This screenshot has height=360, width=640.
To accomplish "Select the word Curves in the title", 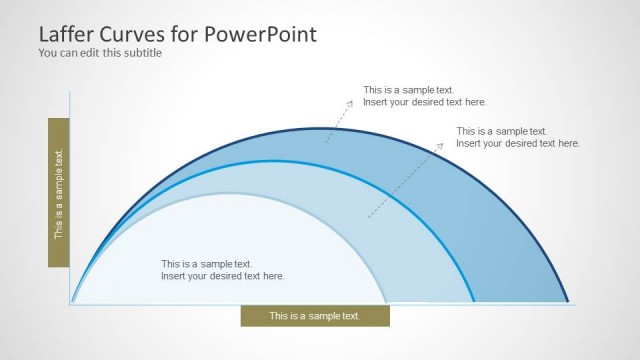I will coord(136,34).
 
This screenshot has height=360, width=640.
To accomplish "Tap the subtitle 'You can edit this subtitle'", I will coord(100,53).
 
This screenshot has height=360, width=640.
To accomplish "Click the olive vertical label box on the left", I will coord(59,192).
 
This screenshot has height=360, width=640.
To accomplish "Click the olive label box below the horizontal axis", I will coord(315,316).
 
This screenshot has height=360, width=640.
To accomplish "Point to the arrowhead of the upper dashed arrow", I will coord(351,101).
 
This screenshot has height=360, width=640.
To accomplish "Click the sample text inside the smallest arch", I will coord(223,270).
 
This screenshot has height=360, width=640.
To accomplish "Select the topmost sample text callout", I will coord(425,96).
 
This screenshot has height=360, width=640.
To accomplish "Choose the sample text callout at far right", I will coord(518,137).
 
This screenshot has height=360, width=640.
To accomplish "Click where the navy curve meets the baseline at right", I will coord(568,303).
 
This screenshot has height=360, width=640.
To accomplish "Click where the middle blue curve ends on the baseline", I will coord(474,303).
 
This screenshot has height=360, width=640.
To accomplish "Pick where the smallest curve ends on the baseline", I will coord(386,303).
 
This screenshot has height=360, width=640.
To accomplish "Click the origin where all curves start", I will coord(72,303).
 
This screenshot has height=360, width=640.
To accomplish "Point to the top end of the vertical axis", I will coord(70,91).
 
